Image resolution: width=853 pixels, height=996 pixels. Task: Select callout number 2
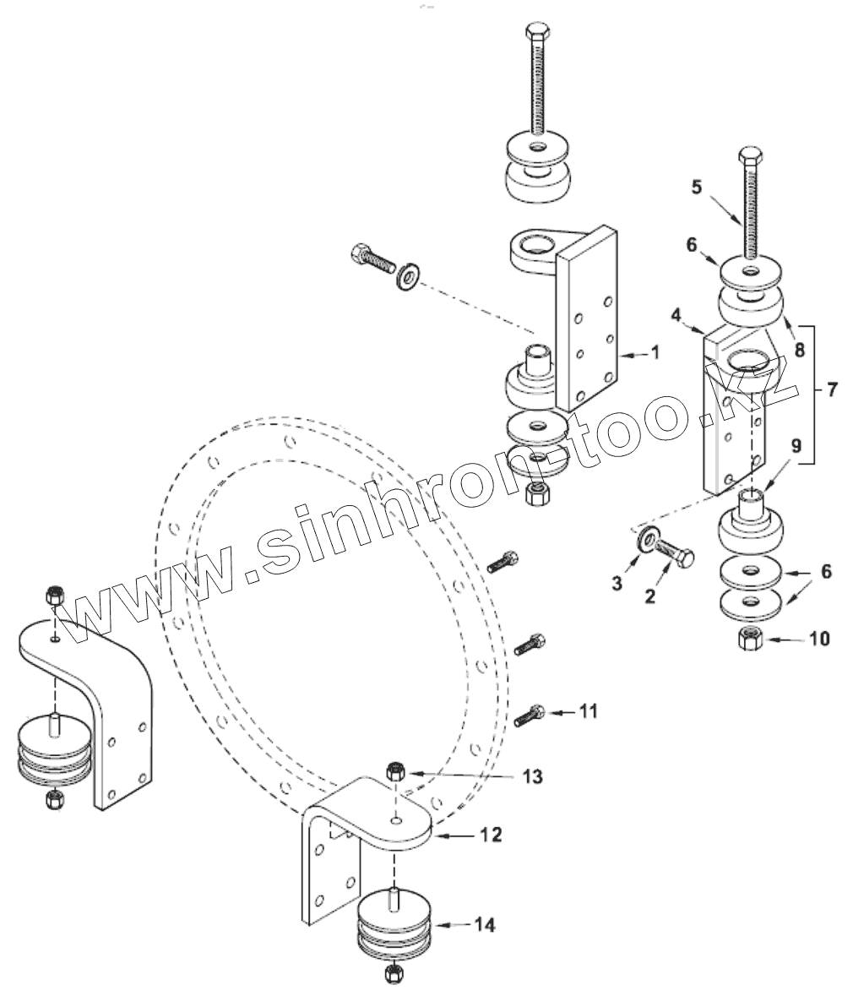[x=649, y=596]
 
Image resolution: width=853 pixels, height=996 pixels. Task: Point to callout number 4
[x=676, y=315]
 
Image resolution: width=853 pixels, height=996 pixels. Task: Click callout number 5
[x=697, y=188]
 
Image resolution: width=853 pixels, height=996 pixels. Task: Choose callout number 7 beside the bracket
[x=832, y=390]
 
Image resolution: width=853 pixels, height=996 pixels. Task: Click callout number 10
[x=819, y=638]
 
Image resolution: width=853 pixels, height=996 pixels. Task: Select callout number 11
[x=589, y=711]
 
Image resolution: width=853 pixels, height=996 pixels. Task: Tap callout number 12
[x=492, y=835]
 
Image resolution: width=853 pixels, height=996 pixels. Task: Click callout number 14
[x=484, y=925]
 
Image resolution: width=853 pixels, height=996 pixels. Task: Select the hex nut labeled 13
[x=394, y=770]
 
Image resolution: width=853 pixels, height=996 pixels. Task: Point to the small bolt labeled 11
[x=530, y=716]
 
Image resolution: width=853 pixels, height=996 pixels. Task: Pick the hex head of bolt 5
[x=752, y=156]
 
